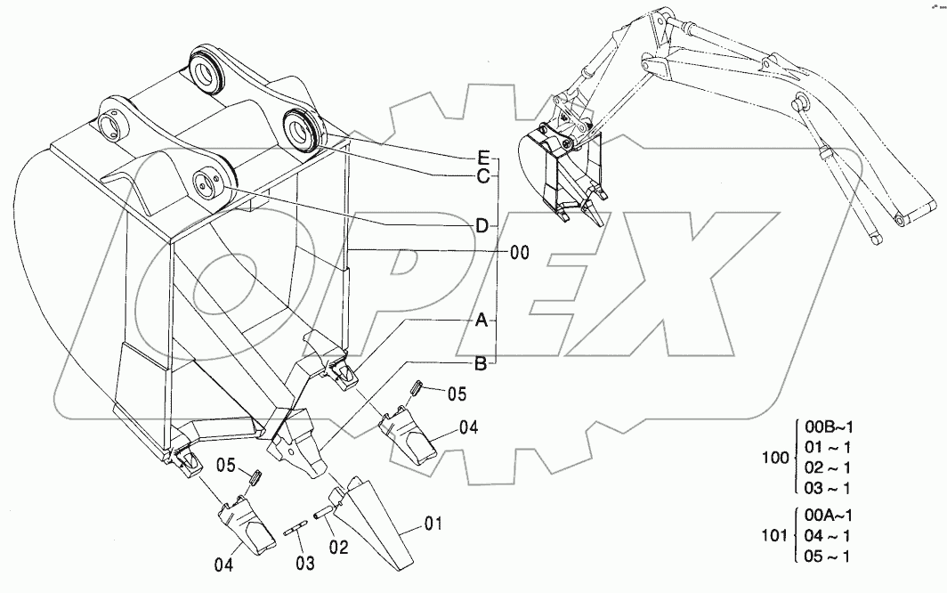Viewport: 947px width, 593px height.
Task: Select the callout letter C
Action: click(482, 176)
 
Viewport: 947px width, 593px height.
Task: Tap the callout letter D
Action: click(482, 226)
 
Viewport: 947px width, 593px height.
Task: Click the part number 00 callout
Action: click(520, 253)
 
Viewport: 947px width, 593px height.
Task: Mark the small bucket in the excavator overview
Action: click(563, 174)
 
